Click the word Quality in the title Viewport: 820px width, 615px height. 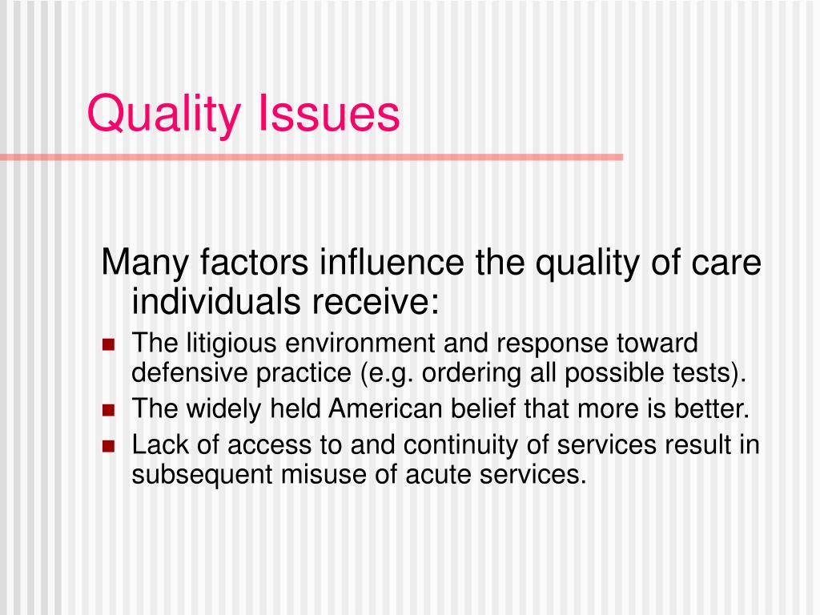(x=163, y=114)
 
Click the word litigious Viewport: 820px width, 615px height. (x=232, y=345)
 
